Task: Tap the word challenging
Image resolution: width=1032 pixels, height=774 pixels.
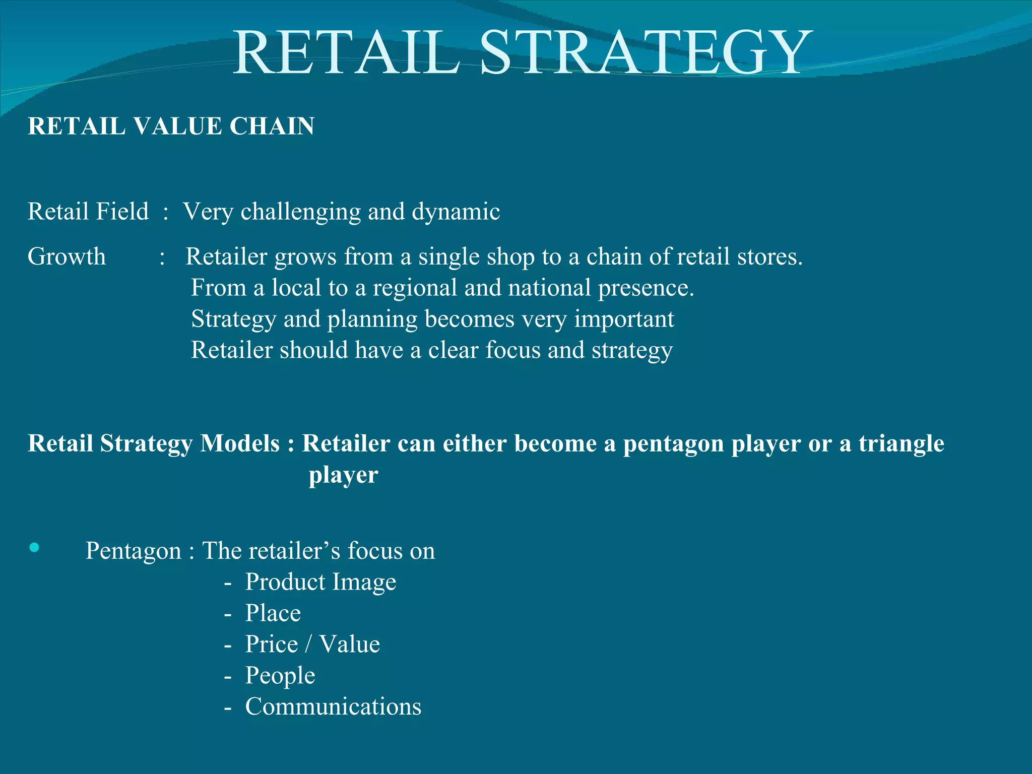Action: [301, 212]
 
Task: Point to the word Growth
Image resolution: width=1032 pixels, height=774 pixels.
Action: [67, 256]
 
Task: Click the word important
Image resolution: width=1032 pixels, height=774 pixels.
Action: [624, 319]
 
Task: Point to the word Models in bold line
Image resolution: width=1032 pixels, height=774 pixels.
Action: [240, 443]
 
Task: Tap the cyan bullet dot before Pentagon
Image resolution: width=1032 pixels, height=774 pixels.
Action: [34, 548]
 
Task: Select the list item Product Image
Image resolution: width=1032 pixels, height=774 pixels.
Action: [320, 582]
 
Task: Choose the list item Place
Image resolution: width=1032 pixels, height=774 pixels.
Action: [273, 613]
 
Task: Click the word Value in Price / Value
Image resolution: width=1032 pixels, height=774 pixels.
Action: [350, 644]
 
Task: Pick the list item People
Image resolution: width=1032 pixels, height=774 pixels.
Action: [280, 676]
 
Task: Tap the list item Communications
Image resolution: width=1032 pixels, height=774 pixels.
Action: [333, 707]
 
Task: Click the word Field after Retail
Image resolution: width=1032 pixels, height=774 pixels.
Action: [122, 212]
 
